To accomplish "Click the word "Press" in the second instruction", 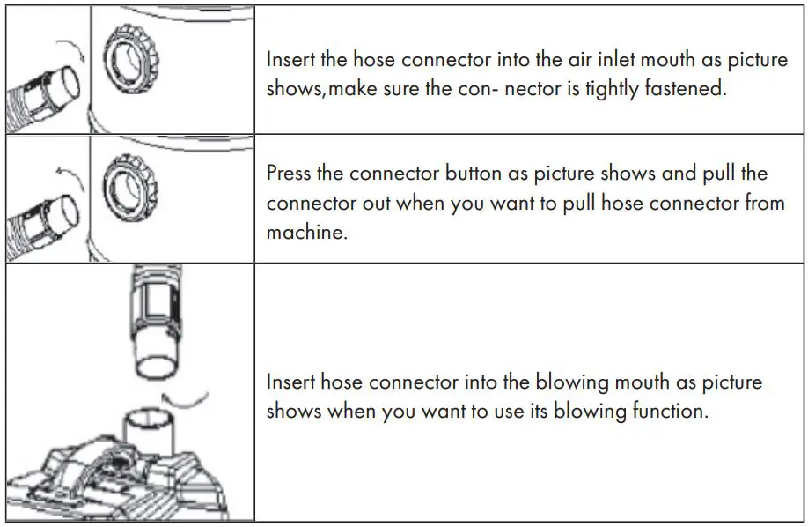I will point(289,173).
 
